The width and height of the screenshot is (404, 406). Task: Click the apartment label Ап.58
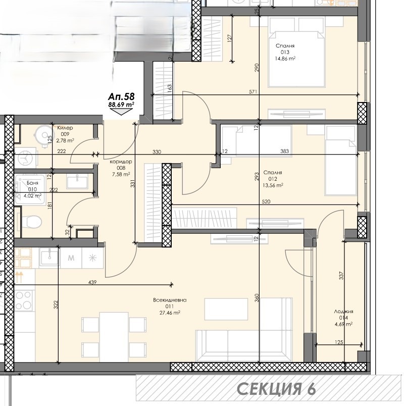pos(121,96)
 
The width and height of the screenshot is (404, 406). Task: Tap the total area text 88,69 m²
pos(121,105)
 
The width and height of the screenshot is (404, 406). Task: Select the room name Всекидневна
pos(170,300)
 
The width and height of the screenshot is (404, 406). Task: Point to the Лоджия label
pos(344,312)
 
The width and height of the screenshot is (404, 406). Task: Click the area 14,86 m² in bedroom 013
pos(285,59)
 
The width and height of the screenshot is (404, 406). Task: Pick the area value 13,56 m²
pos(273,185)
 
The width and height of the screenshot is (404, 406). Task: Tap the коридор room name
pos(121,162)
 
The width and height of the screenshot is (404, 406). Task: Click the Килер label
pos(65,128)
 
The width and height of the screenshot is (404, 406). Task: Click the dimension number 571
pos(253,92)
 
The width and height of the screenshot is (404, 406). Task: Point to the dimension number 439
pos(92,282)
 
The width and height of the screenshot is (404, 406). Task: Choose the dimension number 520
pos(266,201)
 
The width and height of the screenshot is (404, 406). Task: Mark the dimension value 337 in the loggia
pos(341,276)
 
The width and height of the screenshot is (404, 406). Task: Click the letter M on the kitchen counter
pos(71,258)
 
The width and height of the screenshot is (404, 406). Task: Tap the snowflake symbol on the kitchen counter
pos(93,258)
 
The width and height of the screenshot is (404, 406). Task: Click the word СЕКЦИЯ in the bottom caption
pos(269,389)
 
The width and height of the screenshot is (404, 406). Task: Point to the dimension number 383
pos(285,151)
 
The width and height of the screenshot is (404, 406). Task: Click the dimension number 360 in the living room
pos(257,298)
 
